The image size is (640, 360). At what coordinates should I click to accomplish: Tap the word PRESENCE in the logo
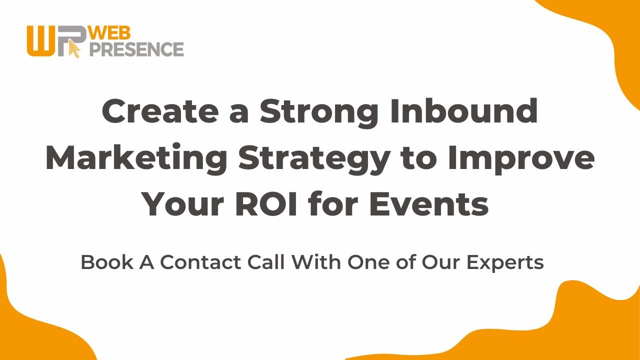136,49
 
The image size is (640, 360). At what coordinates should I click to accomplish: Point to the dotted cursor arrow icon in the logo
74,49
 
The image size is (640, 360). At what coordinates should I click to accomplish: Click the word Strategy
313,159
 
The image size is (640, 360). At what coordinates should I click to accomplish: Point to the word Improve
521,158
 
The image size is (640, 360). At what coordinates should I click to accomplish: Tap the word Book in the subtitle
107,262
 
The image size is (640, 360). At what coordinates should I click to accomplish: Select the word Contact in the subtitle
200,262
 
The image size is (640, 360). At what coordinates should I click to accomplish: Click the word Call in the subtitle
266,262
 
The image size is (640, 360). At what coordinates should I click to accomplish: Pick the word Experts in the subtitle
505,263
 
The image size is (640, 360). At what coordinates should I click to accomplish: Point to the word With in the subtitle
316,262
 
